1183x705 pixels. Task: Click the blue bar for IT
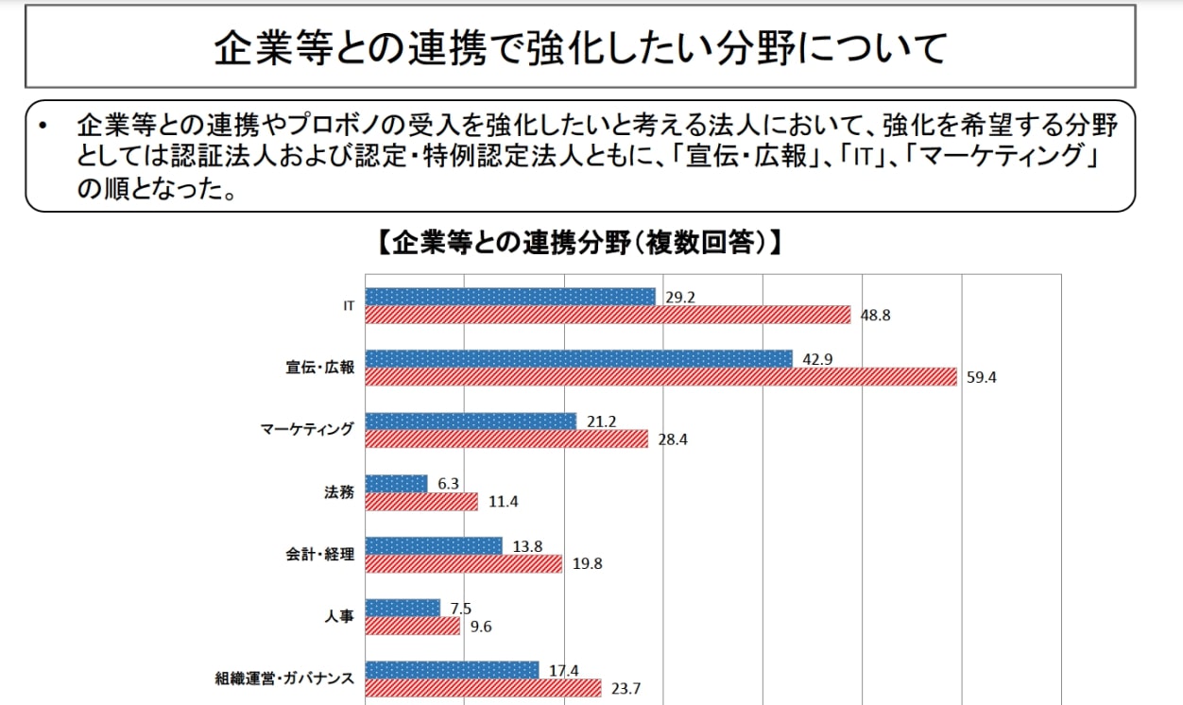coord(509,297)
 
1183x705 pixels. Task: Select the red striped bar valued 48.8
coord(608,315)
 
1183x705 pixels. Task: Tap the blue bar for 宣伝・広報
coord(578,359)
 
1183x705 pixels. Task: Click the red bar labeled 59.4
coord(660,377)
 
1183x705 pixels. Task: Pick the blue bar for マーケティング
coord(470,421)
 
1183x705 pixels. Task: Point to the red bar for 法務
coord(421,502)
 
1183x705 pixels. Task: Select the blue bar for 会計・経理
coord(433,546)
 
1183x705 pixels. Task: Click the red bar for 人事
coord(412,627)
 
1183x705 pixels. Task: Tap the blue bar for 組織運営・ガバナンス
coord(452,670)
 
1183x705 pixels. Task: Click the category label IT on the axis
coord(348,306)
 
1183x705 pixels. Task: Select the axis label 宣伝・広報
coord(322,368)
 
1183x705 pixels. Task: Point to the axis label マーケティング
coord(307,430)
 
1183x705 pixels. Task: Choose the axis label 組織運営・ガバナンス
coord(284,679)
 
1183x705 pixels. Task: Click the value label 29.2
coord(679,297)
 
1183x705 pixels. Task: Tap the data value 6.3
coord(448,484)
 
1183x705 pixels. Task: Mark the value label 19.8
coord(587,564)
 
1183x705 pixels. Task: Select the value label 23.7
coord(626,688)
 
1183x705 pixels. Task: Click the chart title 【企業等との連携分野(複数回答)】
coord(578,243)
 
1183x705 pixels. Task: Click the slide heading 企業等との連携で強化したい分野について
coord(579,47)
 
